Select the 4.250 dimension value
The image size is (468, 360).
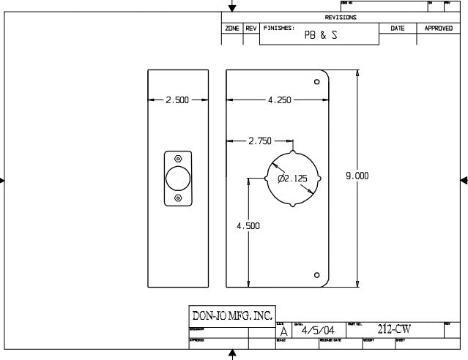click(x=280, y=100)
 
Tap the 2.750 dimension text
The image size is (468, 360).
click(x=260, y=140)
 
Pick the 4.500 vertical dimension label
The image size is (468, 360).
click(x=248, y=226)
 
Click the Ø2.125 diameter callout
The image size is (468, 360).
click(x=292, y=179)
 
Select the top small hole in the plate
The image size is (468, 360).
click(x=316, y=82)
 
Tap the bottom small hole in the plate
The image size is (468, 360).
click(x=316, y=275)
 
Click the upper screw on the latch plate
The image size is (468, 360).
click(x=178, y=158)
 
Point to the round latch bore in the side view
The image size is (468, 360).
click(x=178, y=179)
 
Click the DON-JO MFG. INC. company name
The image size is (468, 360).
click(x=231, y=316)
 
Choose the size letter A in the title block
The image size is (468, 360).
click(x=284, y=331)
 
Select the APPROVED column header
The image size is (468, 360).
click(x=439, y=28)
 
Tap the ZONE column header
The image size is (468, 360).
click(x=232, y=28)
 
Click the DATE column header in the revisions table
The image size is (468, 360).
click(x=397, y=28)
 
